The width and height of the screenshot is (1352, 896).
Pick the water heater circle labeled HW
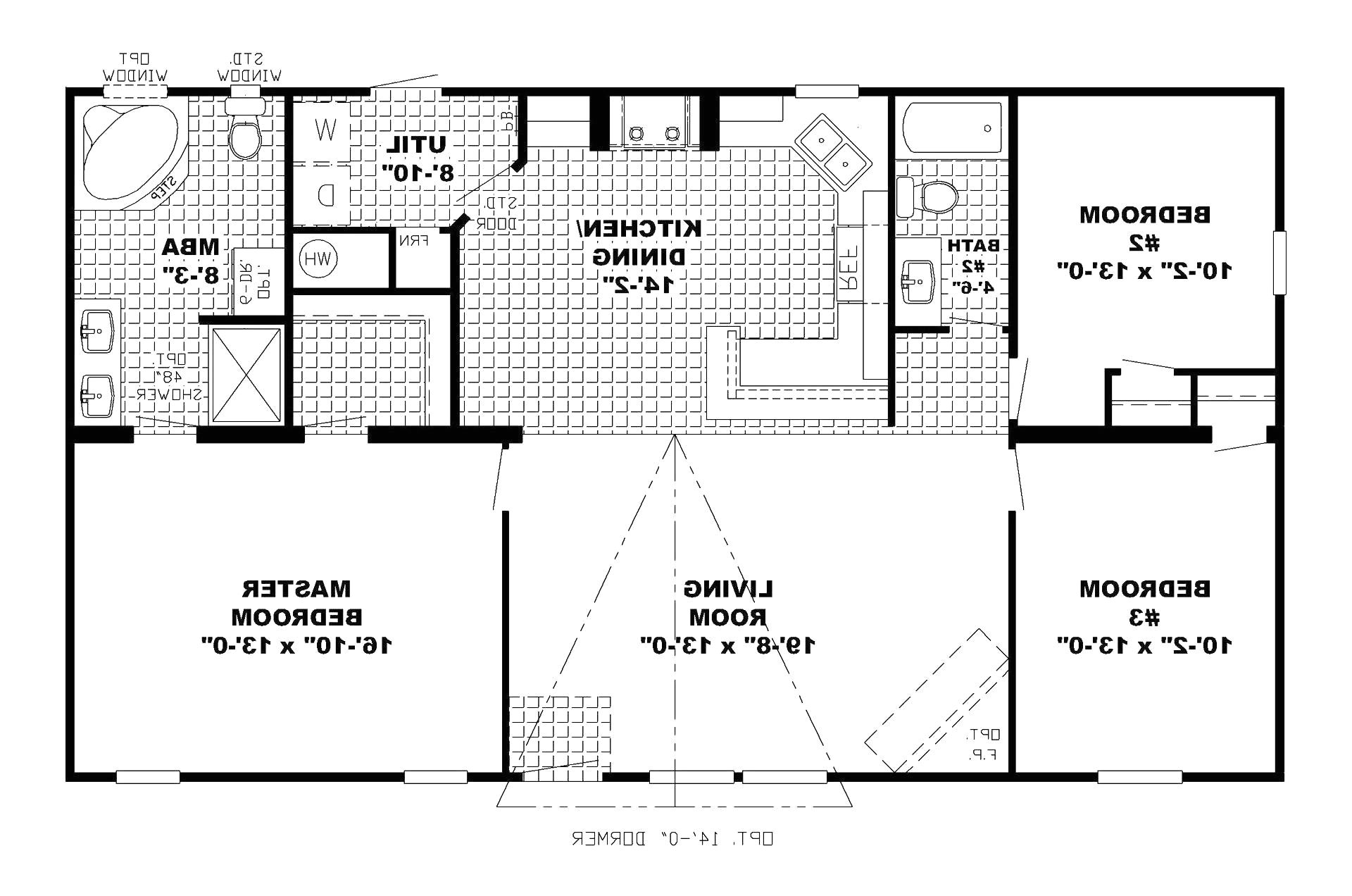(x=318, y=259)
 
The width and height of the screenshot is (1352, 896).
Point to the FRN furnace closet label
(x=414, y=240)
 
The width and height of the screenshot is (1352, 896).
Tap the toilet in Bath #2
(x=930, y=196)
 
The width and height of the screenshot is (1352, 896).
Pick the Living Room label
(x=728, y=602)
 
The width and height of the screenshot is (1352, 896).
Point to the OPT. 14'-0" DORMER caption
(x=672, y=838)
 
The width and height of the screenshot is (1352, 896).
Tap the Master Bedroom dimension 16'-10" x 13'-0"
(x=296, y=645)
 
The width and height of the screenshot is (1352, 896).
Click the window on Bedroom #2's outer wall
(x=1279, y=262)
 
